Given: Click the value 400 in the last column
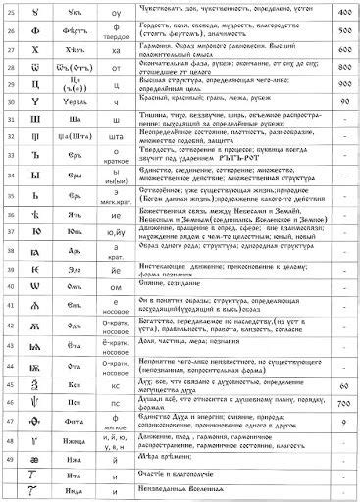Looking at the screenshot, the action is coord(343,15).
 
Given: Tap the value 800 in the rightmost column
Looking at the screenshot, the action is coord(343,74).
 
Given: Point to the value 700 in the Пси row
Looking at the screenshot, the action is coord(343,376).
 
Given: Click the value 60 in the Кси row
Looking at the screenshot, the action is coord(343,356).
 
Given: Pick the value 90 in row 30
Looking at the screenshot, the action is coord(343,128).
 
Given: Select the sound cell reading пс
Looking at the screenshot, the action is coord(117,376).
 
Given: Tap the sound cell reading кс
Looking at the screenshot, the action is coord(117,356).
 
